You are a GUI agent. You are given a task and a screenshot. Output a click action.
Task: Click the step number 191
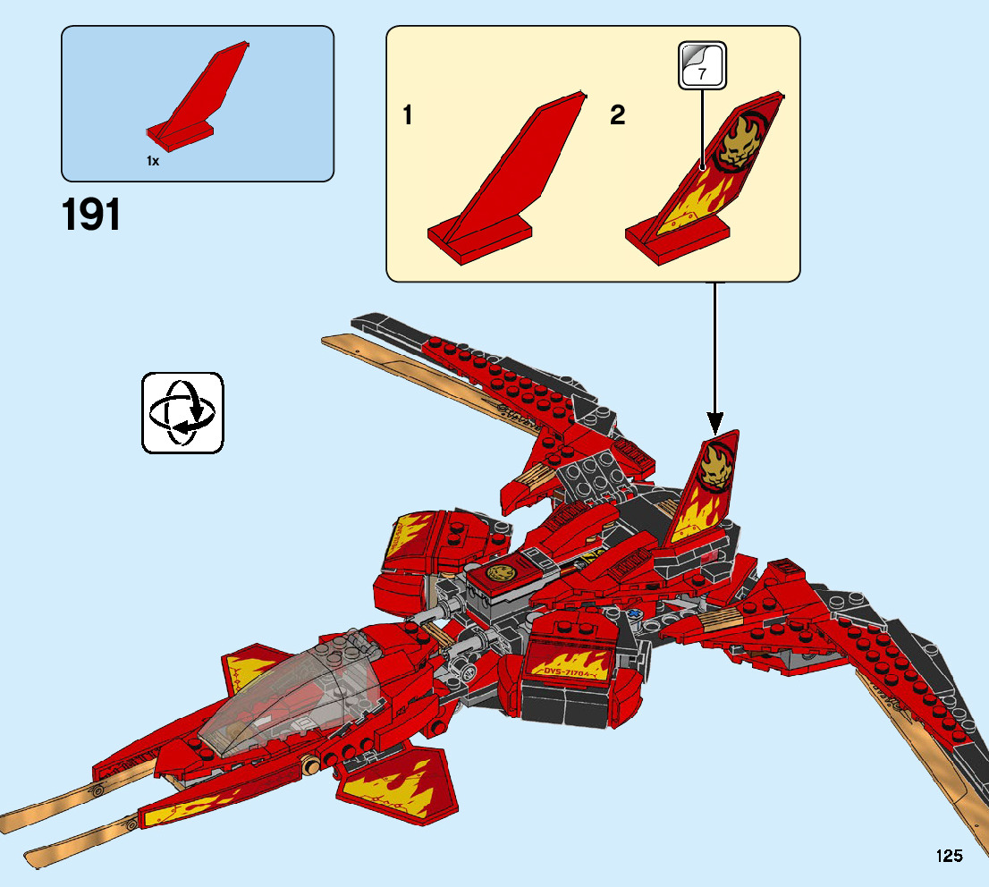tap(92, 216)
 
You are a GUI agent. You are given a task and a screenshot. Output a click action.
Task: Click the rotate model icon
tap(182, 412)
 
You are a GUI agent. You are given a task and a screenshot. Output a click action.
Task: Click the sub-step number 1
tap(408, 115)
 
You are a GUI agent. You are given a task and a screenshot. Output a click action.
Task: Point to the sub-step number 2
tap(618, 115)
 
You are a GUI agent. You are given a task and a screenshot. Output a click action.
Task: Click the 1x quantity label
tap(153, 161)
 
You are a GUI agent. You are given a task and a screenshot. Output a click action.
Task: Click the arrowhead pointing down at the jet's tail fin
tap(714, 422)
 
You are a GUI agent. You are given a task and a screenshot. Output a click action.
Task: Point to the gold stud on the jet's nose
tap(310, 765)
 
